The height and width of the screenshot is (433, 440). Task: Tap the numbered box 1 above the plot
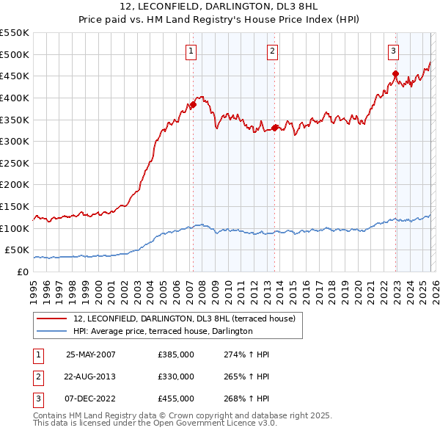coord(191,51)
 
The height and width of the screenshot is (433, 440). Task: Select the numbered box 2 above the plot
coord(272,51)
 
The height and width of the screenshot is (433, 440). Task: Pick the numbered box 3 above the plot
coord(393,51)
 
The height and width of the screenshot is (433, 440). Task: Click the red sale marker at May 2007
coord(193,104)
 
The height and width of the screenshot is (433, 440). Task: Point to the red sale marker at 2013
coord(274,128)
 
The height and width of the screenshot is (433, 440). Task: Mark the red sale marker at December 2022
coord(395,73)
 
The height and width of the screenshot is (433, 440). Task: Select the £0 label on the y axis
coord(23,272)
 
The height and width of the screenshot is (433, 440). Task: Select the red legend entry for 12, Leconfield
coord(184,319)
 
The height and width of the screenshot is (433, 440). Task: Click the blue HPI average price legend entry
coord(163,331)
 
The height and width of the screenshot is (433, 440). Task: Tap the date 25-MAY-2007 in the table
coord(91,354)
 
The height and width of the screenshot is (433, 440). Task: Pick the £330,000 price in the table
coord(176,376)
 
